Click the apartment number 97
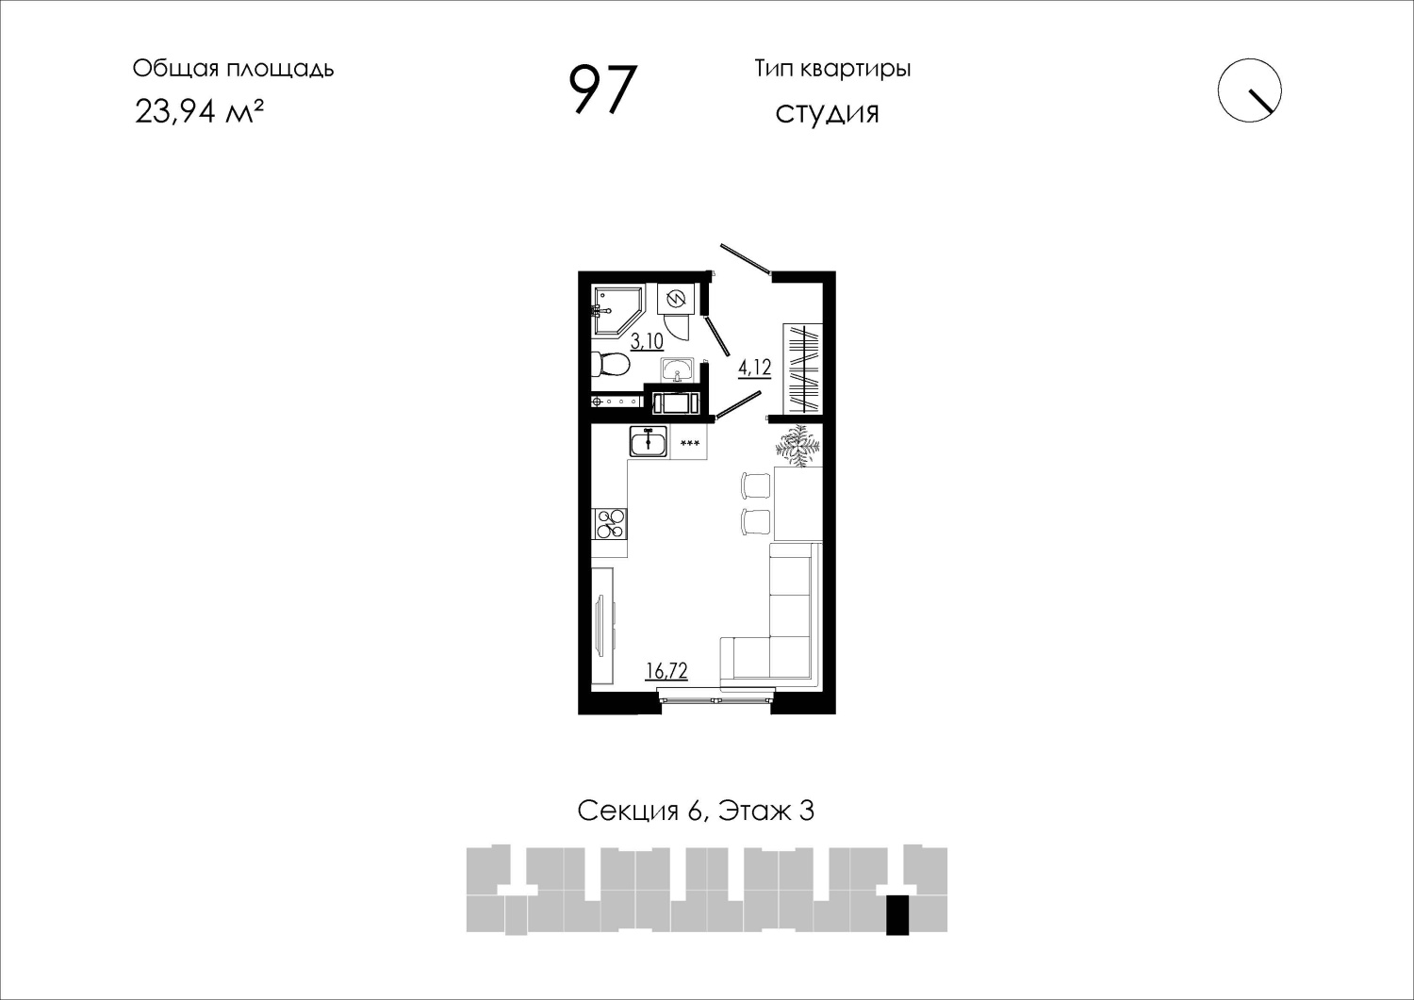pyautogui.click(x=602, y=90)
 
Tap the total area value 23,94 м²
pyautogui.click(x=199, y=112)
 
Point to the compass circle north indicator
pyautogui.click(x=1249, y=90)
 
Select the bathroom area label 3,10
pyautogui.click(x=647, y=341)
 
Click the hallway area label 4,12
pyautogui.click(x=755, y=368)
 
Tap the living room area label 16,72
pyautogui.click(x=666, y=670)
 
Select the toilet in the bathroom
pyautogui.click(x=610, y=364)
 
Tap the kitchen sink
pyautogui.click(x=649, y=441)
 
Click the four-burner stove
pyautogui.click(x=609, y=524)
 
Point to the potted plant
pyautogui.click(x=798, y=447)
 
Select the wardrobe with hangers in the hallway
pyautogui.click(x=803, y=369)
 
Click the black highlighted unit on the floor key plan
pyautogui.click(x=897, y=915)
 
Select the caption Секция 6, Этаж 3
pyautogui.click(x=696, y=811)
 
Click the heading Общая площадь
pyautogui.click(x=233, y=69)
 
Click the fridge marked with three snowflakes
pyautogui.click(x=689, y=442)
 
